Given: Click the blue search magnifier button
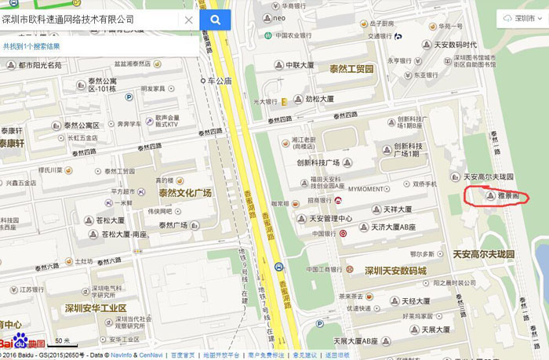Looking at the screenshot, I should click(215, 20).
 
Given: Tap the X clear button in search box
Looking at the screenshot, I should click(188, 20).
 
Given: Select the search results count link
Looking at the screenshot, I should click(31, 46).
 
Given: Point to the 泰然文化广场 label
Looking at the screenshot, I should click(185, 193).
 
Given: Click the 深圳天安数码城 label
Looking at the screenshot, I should click(395, 271).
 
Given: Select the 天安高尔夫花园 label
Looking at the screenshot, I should click(483, 255).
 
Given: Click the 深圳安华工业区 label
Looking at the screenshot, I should click(96, 308).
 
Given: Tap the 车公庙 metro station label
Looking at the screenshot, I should click(219, 81).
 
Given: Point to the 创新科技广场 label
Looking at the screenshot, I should click(318, 162).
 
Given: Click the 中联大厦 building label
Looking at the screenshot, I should click(300, 65).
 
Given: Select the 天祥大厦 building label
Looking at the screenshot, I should click(398, 209).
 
